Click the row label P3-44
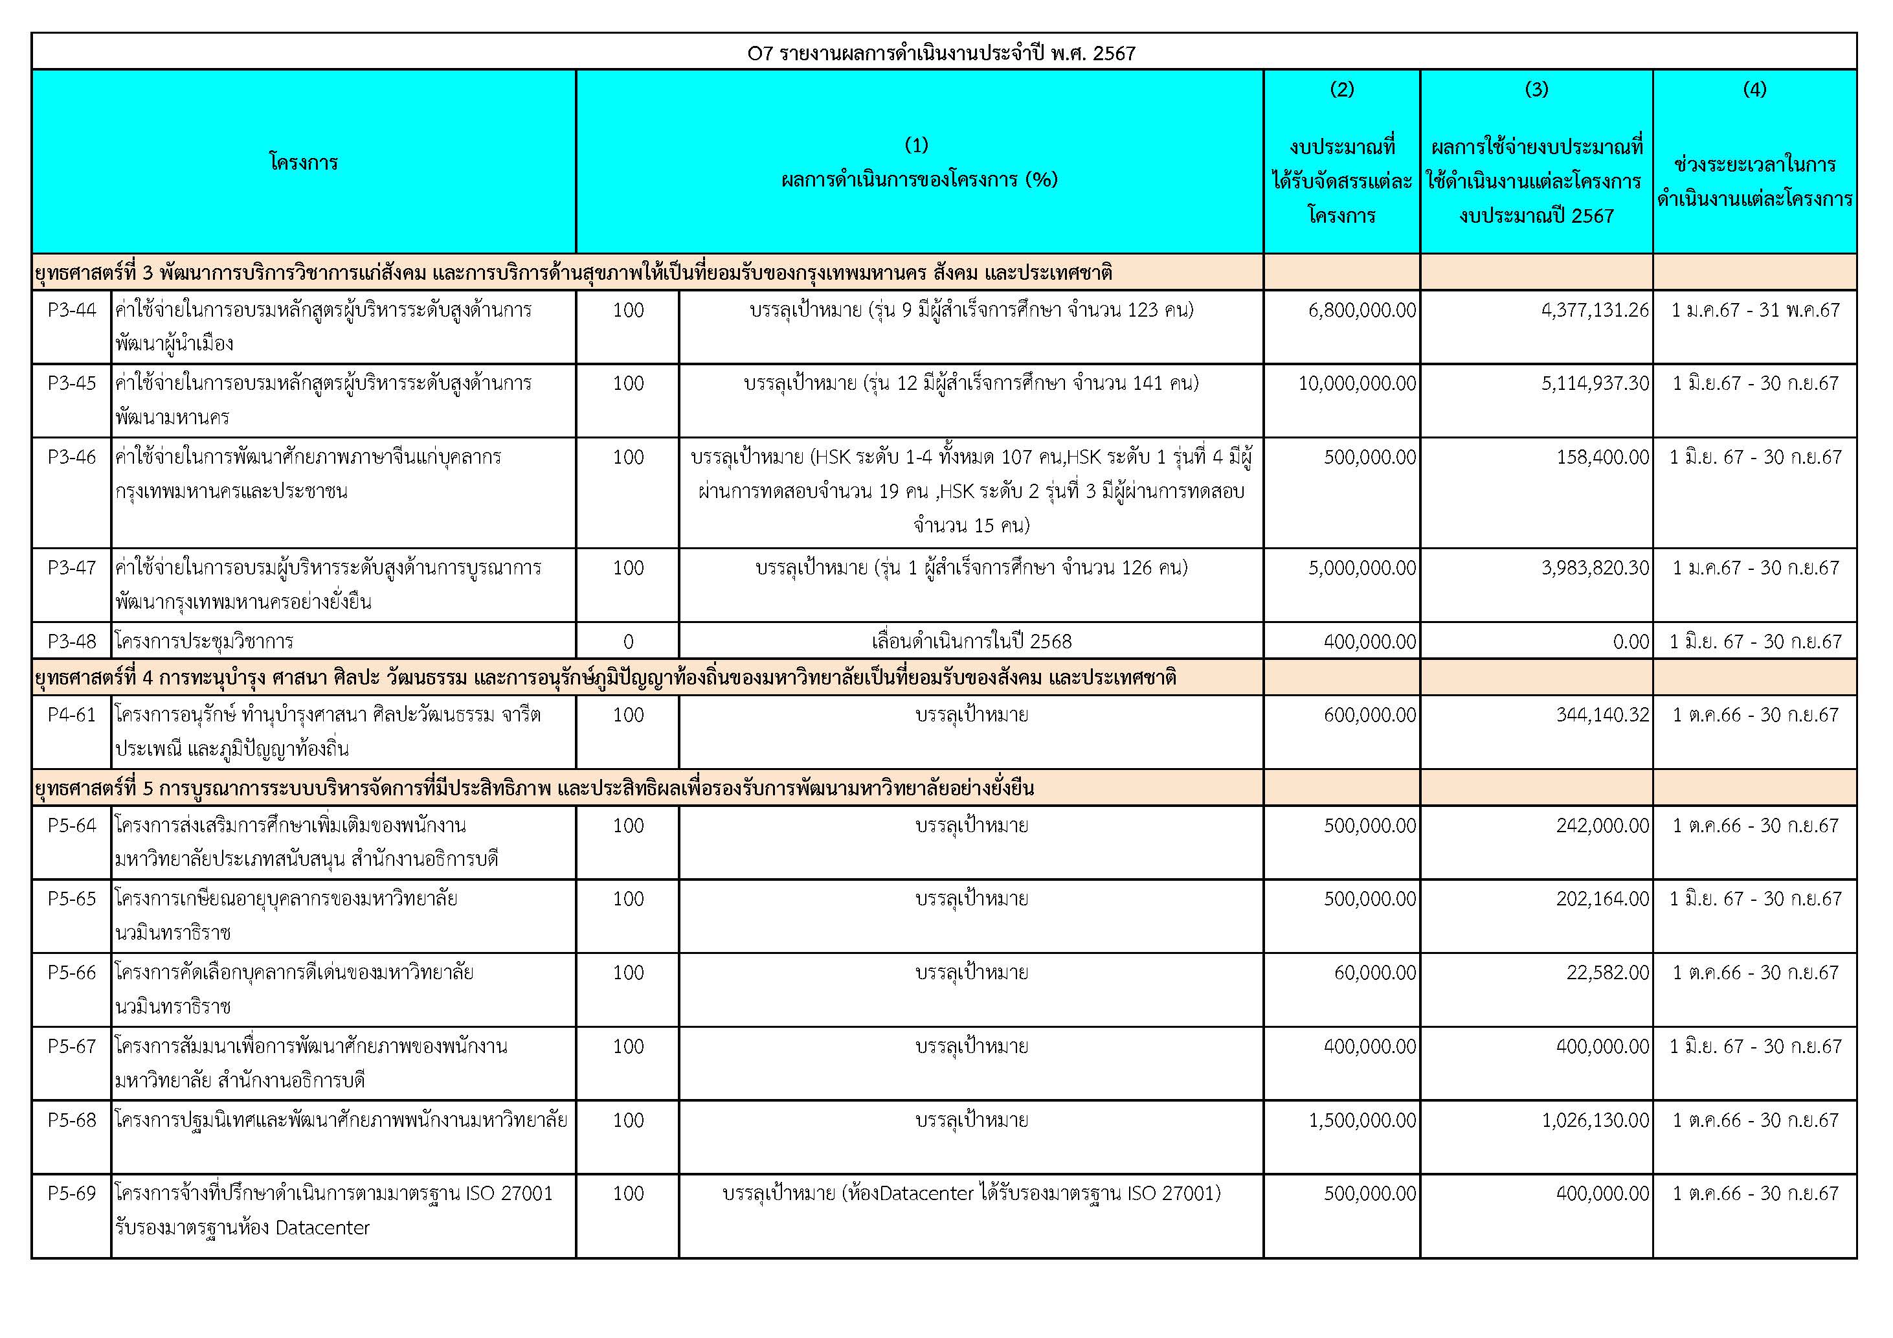(72, 310)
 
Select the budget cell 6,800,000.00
(1361, 310)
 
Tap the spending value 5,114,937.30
(1595, 383)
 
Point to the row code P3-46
(72, 457)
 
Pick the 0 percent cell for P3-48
(628, 641)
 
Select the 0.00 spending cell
(1631, 641)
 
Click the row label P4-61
(72, 715)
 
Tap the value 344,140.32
(1602, 715)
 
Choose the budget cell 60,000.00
(1374, 973)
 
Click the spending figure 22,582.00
(1607, 973)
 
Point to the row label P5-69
(72, 1194)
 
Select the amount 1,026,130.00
(1595, 1120)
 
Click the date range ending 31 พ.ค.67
(1754, 310)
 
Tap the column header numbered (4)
(1754, 89)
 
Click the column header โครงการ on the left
(304, 162)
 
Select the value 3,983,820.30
(1595, 567)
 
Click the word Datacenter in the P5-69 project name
(322, 1227)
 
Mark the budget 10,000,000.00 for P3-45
(1357, 383)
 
